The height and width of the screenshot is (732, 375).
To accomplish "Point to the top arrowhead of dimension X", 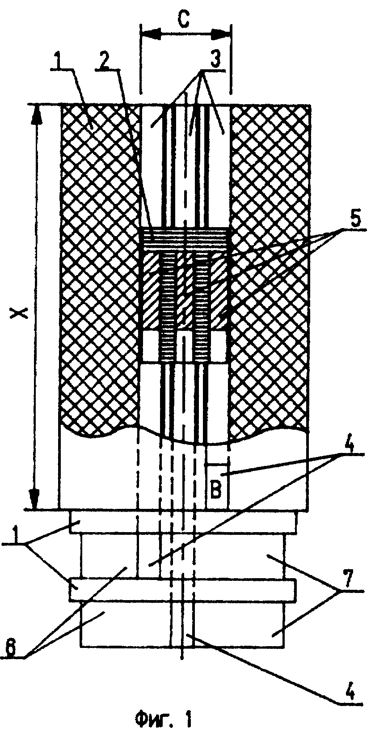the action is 36,114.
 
